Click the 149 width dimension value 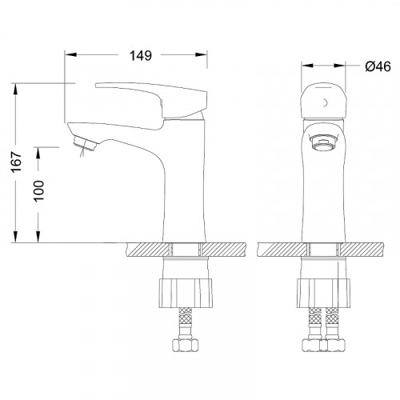pyautogui.click(x=141, y=55)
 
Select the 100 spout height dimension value pyautogui.click(x=39, y=190)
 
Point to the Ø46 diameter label pyautogui.click(x=378, y=66)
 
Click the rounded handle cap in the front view pyautogui.click(x=324, y=102)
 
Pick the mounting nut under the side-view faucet pyautogui.click(x=186, y=293)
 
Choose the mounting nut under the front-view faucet pyautogui.click(x=323, y=293)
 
